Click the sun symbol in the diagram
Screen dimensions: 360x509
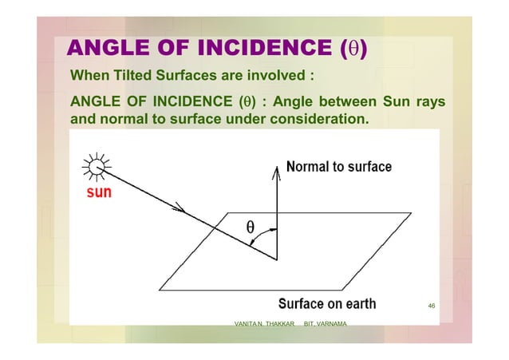[97, 168]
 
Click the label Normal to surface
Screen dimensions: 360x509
[339, 167]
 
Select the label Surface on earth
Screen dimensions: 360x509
[326, 304]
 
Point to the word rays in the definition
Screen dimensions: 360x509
[428, 103]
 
